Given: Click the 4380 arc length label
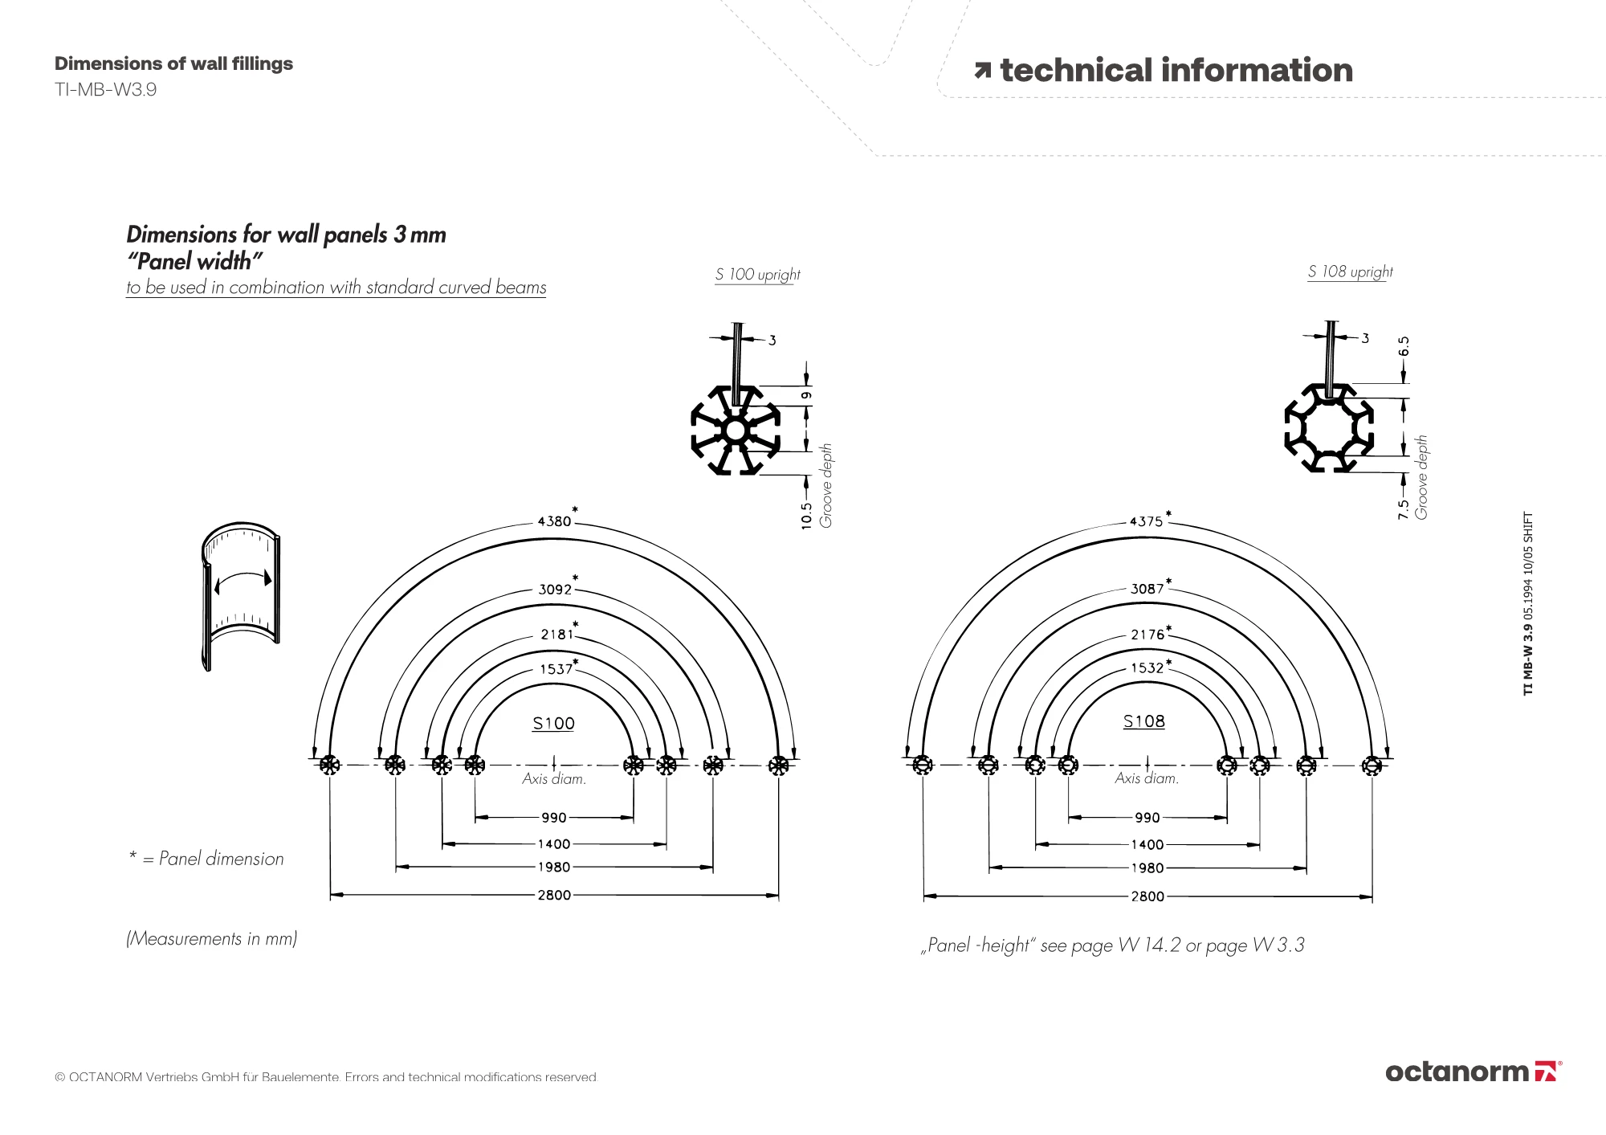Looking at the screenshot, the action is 554,521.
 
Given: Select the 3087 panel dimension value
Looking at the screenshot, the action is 1147,589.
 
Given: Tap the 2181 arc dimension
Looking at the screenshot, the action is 557,635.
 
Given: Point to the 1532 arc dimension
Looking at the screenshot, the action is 1147,668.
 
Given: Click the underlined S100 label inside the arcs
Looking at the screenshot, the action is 553,724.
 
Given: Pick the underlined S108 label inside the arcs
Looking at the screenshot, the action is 1143,721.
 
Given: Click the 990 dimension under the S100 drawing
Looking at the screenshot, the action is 554,818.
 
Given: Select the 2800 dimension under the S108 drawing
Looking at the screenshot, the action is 1147,896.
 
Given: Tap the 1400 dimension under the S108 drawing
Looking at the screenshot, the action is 1147,845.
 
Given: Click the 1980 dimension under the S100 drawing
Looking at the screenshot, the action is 554,868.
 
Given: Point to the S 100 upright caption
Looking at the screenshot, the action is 758,275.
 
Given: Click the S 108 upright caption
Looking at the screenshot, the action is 1350,272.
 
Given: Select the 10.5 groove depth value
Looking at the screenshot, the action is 807,516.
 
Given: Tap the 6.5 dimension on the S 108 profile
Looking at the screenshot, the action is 1404,346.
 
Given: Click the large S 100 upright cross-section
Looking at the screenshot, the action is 736,431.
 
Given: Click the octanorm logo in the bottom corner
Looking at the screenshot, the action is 1473,1072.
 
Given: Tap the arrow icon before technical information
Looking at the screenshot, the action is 983,71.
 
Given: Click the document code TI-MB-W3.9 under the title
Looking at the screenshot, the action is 105,90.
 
